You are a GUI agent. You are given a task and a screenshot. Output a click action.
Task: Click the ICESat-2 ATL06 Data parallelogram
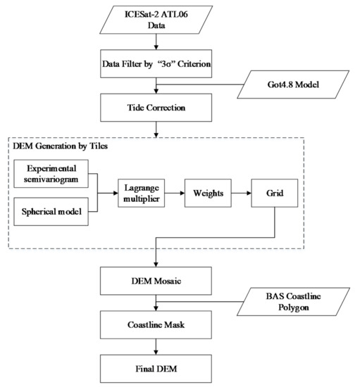click(x=156, y=20)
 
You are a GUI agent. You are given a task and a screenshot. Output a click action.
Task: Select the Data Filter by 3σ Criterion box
click(x=156, y=63)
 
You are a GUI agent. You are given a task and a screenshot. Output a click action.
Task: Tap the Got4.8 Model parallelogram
click(x=293, y=84)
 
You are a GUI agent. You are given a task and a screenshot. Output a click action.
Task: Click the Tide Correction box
click(x=156, y=108)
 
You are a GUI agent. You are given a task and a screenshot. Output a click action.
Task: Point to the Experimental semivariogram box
click(x=51, y=174)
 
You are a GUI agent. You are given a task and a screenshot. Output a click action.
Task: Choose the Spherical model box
click(x=51, y=212)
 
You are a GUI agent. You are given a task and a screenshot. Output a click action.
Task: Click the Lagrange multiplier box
click(x=142, y=193)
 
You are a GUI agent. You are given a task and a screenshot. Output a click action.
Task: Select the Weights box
click(x=208, y=193)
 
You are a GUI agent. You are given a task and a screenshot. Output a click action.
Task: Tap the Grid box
click(x=275, y=193)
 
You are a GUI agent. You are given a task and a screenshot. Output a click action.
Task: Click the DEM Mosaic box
click(x=156, y=281)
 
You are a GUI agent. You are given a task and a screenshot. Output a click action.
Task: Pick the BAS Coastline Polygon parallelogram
click(x=293, y=302)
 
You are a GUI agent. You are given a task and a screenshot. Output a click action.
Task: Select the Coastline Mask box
click(x=156, y=325)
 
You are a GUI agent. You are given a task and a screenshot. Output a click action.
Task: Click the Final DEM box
click(x=156, y=369)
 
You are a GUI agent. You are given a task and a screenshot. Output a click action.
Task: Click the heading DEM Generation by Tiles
click(x=61, y=146)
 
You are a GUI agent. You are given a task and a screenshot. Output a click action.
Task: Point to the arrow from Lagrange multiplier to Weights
click(x=175, y=193)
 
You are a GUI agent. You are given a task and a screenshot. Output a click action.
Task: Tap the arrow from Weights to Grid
click(x=242, y=193)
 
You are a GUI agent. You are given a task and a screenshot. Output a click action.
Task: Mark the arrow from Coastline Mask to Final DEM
click(x=156, y=347)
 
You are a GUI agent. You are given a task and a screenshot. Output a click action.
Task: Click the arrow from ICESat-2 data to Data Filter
click(x=156, y=42)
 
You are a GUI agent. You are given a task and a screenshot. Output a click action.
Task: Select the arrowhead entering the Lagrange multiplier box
click(x=116, y=193)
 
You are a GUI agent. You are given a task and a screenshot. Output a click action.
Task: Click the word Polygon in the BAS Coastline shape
click(x=294, y=307)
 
